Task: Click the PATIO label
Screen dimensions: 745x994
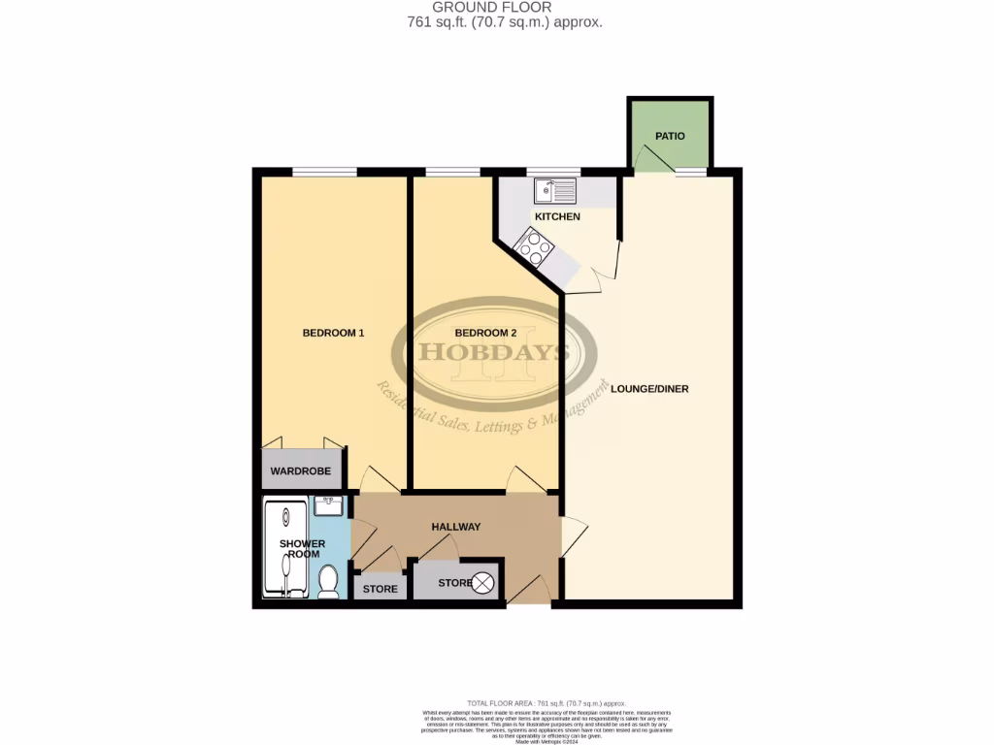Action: (670, 136)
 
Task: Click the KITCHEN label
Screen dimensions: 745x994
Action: (556, 216)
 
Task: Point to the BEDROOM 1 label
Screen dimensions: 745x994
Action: (333, 333)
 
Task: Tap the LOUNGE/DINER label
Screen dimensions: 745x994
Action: (649, 389)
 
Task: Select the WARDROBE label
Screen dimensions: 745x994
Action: (301, 471)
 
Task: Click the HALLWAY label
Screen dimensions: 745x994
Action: (456, 527)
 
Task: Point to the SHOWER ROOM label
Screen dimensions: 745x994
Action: (302, 549)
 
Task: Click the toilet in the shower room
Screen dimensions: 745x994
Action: (328, 581)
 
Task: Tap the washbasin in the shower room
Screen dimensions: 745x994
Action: (328, 505)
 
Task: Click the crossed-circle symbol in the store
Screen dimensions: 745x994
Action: (483, 583)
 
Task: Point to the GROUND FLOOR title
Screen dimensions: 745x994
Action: (492, 8)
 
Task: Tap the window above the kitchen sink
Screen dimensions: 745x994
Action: (552, 173)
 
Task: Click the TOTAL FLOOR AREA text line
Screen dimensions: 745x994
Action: (547, 703)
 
